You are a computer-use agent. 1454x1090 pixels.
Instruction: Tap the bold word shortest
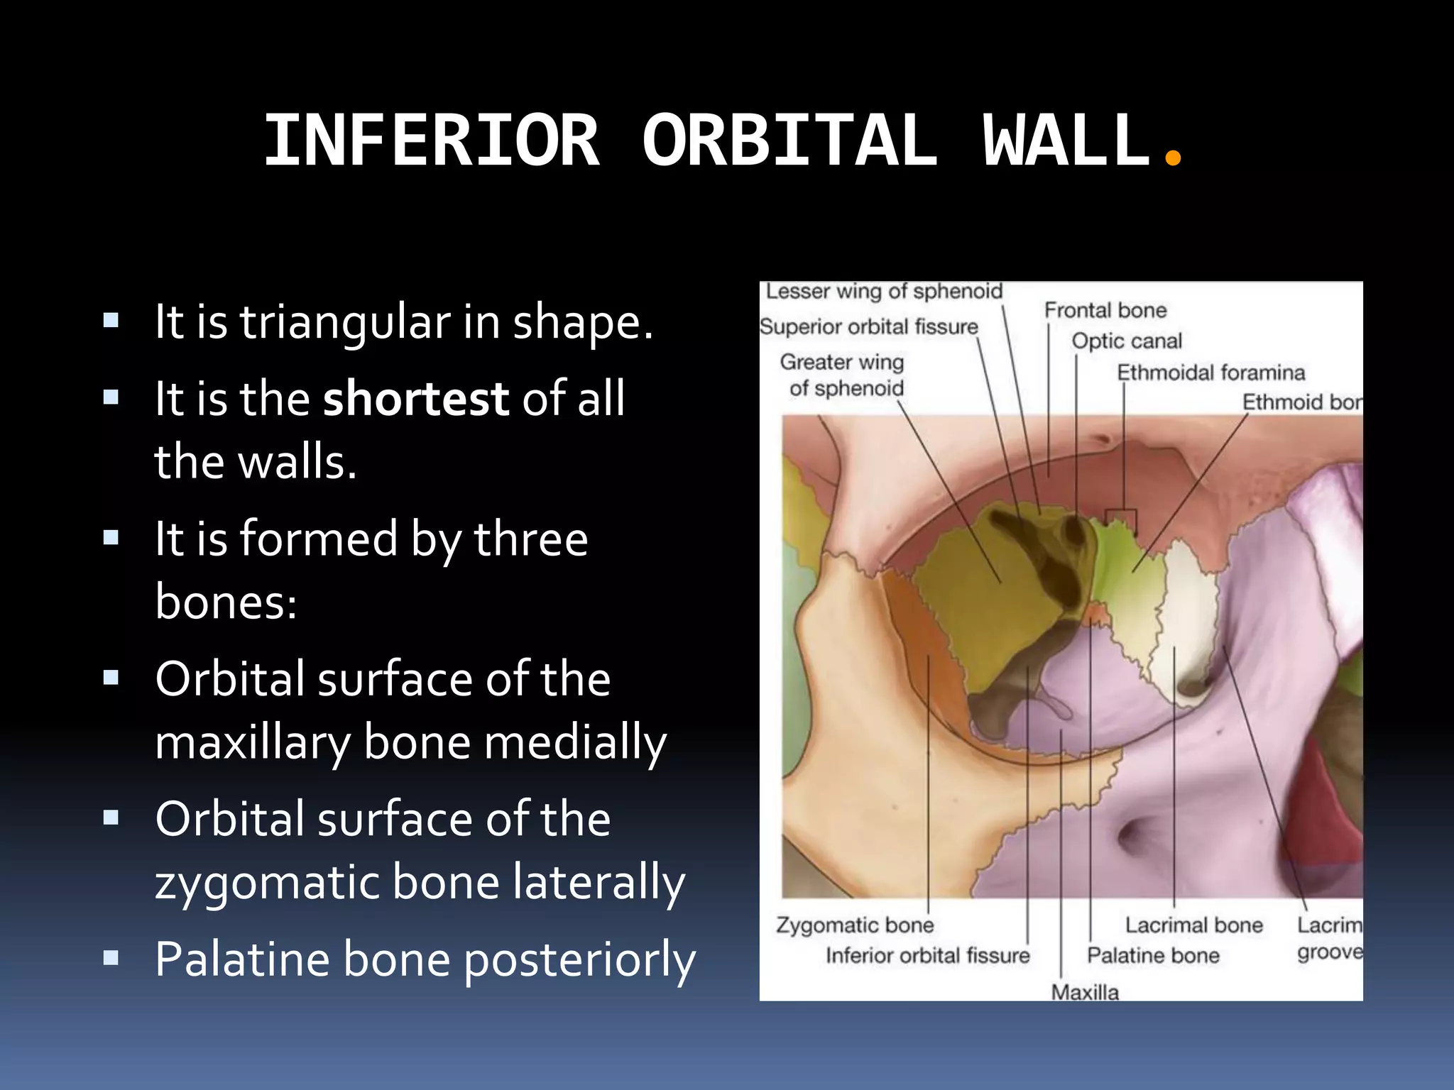[416, 398]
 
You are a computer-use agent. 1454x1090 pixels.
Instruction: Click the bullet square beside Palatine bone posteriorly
[111, 959]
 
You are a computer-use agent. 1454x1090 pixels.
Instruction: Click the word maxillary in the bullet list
[253, 742]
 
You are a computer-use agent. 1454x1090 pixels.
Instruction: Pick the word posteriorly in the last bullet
[580, 959]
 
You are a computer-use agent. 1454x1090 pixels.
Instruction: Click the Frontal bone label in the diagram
[1105, 310]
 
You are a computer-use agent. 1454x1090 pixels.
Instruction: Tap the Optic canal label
[1127, 341]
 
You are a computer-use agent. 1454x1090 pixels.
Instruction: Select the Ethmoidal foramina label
[1210, 372]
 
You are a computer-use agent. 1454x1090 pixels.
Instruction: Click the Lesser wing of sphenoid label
[884, 291]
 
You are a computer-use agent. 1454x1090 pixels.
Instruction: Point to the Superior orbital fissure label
[868, 326]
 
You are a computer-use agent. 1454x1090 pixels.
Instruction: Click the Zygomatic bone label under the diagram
[854, 925]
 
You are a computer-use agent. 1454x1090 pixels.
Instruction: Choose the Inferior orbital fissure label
[927, 955]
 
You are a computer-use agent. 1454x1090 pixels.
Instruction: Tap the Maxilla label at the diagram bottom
[1085, 991]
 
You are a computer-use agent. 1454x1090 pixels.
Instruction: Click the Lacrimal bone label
[1194, 925]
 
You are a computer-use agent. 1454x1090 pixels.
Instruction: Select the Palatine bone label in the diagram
[1153, 955]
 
